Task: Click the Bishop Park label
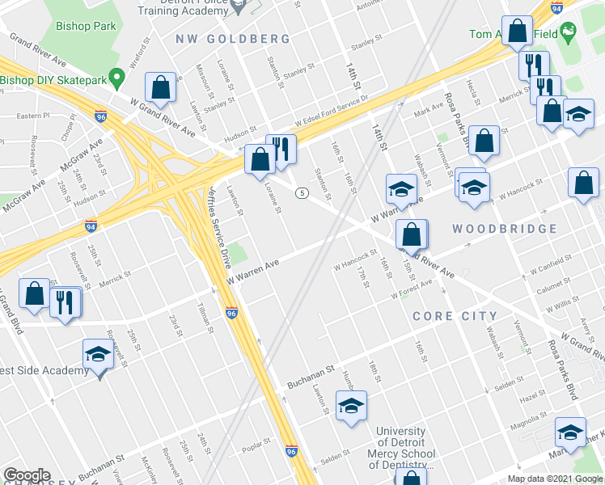[x=86, y=26]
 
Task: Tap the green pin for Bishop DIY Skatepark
[x=117, y=79]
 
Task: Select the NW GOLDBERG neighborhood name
[x=233, y=39]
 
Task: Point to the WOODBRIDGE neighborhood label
[x=505, y=229]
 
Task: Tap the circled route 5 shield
[x=301, y=192]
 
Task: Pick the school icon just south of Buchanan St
[x=351, y=407]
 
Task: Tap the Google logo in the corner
[x=26, y=475]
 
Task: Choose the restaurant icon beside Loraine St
[x=281, y=150]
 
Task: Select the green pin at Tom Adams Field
[x=570, y=34]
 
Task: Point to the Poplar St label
[x=255, y=446]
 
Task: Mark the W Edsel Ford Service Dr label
[x=332, y=110]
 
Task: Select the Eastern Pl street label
[x=33, y=116]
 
